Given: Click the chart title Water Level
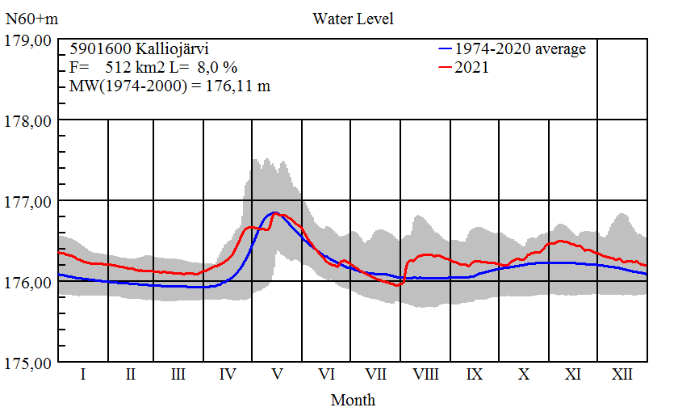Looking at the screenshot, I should (x=353, y=18).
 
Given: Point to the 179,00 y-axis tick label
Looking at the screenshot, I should (x=29, y=40).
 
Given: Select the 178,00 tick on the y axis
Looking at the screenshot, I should (x=29, y=120).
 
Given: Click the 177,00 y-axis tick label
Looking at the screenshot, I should (x=29, y=201).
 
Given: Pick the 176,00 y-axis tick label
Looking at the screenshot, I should (x=29, y=282).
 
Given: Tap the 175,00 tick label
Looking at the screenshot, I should (x=29, y=363).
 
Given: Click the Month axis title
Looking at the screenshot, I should (x=353, y=400).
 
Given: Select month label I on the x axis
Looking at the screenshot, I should (x=82, y=375).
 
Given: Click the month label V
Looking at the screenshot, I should (x=277, y=375).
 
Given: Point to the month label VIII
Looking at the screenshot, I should (x=425, y=375).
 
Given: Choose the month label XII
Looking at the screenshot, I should (x=621, y=375).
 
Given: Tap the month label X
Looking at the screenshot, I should (x=524, y=375).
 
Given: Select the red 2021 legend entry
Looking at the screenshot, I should (x=472, y=68).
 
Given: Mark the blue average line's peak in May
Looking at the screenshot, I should (x=274, y=212).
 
